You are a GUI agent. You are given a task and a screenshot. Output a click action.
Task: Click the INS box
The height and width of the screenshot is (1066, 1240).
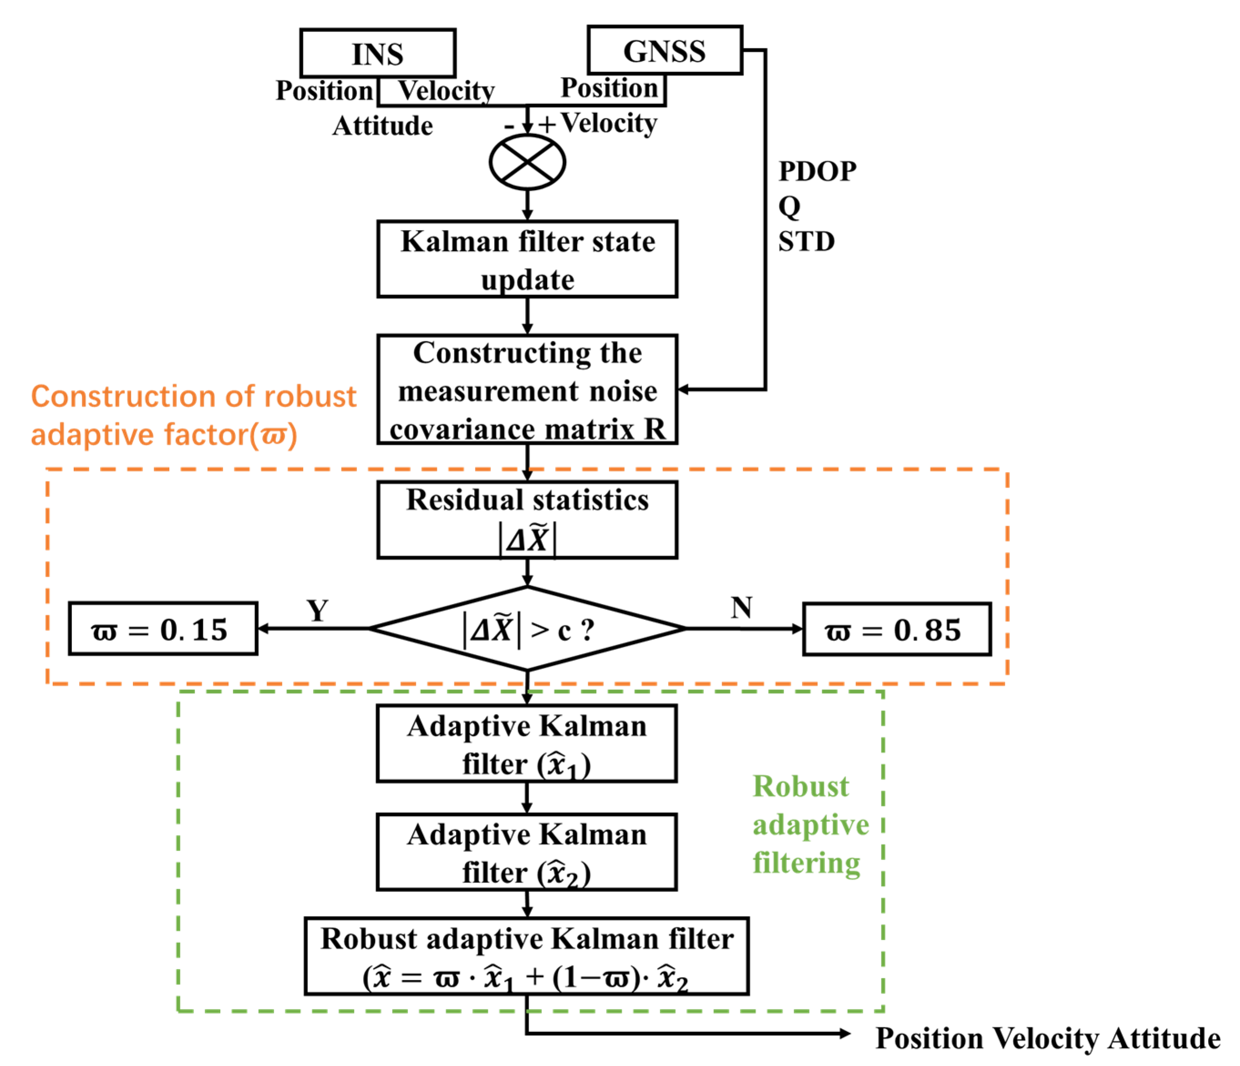coord(378,54)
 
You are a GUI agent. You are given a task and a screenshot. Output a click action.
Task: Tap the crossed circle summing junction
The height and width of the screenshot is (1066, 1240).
coord(527,162)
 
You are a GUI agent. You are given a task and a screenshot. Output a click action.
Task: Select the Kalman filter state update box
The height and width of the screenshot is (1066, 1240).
coord(527,259)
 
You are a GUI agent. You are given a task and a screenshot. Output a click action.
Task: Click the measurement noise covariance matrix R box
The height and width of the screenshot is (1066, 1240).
coord(527,390)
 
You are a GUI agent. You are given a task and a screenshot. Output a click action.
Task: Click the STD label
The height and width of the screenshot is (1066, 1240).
coord(806,241)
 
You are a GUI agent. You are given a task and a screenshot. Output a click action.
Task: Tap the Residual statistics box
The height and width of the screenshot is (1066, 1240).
coord(527,519)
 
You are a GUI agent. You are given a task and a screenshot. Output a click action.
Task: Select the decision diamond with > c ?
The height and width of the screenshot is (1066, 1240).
coord(527,629)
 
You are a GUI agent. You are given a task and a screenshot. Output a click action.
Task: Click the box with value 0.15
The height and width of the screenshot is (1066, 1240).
coord(163,629)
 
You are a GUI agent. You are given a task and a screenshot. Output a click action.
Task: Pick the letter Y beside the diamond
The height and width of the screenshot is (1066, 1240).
coord(317,611)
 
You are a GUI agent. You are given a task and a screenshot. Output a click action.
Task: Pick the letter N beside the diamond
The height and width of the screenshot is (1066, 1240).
coord(741,608)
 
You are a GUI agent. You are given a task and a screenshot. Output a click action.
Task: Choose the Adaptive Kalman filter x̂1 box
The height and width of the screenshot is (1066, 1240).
coord(526,743)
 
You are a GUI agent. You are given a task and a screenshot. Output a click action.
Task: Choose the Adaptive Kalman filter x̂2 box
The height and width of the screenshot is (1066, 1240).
coord(526,852)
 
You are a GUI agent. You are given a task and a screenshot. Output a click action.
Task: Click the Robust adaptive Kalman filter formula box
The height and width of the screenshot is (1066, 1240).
coord(526,956)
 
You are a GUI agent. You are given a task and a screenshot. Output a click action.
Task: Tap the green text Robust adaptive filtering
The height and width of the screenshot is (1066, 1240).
coord(810,825)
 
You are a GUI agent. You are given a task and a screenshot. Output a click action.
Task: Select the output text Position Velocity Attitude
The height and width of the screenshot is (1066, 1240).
coord(1048,1038)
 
